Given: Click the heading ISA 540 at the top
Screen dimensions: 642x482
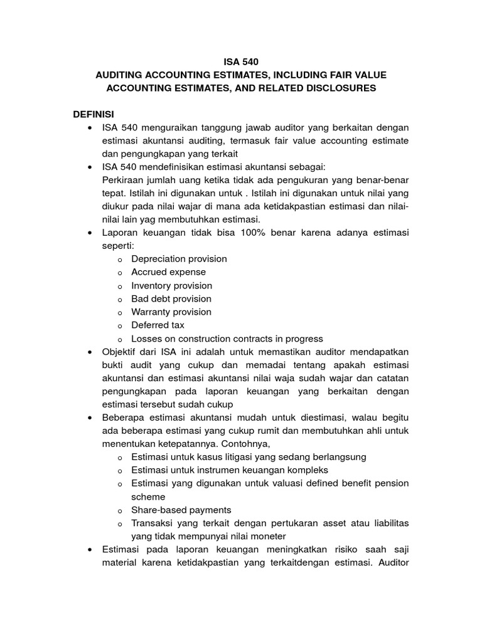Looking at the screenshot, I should (241, 62).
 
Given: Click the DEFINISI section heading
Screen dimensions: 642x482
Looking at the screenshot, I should (95, 115).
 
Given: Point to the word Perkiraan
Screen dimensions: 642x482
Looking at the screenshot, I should (121, 180).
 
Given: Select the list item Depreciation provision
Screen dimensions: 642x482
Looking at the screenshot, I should (179, 259).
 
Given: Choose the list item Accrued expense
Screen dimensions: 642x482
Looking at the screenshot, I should (168, 272).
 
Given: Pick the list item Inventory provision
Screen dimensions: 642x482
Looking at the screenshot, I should (172, 285).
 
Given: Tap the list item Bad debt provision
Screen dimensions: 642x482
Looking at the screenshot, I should (171, 298).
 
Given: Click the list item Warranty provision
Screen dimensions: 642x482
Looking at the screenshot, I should (171, 312).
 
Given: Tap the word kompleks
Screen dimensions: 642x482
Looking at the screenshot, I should (308, 470).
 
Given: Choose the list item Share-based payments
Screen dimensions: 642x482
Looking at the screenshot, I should (181, 509).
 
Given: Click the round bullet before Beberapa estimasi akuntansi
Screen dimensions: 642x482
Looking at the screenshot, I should (92, 418).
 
